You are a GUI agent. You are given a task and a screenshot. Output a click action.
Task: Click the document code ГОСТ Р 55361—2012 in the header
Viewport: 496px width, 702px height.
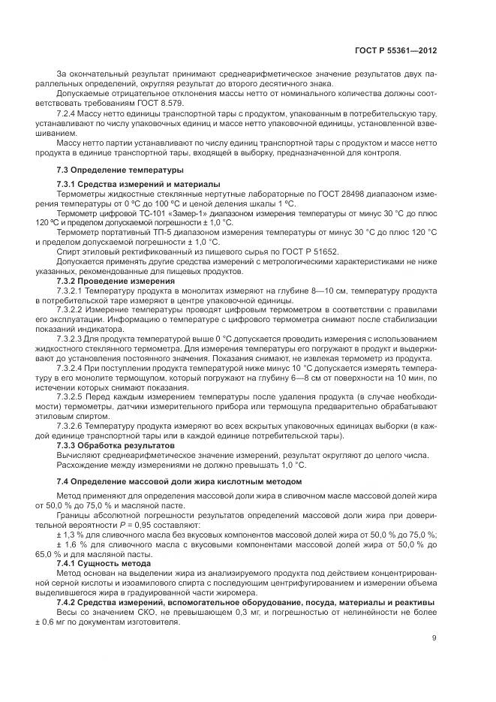[395, 50]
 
